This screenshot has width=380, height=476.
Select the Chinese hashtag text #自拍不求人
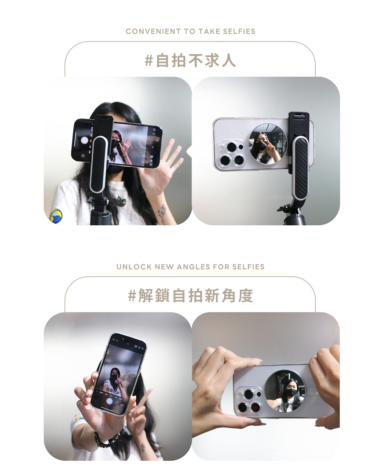[x=190, y=61]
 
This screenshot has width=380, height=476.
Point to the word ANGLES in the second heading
[x=193, y=267]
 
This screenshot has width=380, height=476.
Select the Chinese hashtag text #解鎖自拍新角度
[x=190, y=295]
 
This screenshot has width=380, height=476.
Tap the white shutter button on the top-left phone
[x=85, y=140]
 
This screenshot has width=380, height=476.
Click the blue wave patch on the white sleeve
[x=56, y=217]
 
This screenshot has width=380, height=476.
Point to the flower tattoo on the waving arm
[x=161, y=214]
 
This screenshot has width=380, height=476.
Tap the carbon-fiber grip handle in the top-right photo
[x=301, y=168]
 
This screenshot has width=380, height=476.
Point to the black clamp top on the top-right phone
[x=299, y=124]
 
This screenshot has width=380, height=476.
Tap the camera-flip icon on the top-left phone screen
[x=83, y=156]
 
